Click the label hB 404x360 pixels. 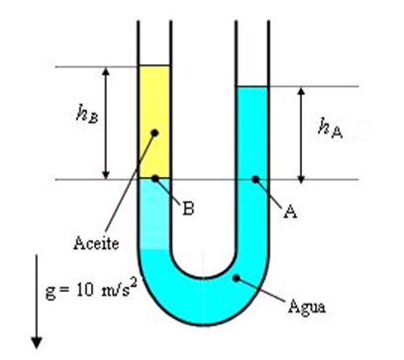click(86, 116)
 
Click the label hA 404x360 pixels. click(329, 125)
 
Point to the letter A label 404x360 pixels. click(290, 211)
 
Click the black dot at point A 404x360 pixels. click(254, 179)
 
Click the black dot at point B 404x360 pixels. click(155, 179)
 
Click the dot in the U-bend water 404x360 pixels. click(235, 280)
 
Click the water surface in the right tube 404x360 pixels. click(252, 87)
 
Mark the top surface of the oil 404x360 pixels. click(153, 66)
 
